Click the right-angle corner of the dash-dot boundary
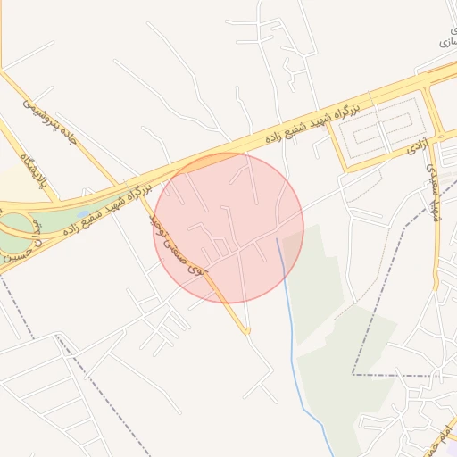pyautogui.click(x=353, y=374)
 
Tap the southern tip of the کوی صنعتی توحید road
pyautogui.click(x=247, y=333)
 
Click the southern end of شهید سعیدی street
pyautogui.click(x=436, y=287)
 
